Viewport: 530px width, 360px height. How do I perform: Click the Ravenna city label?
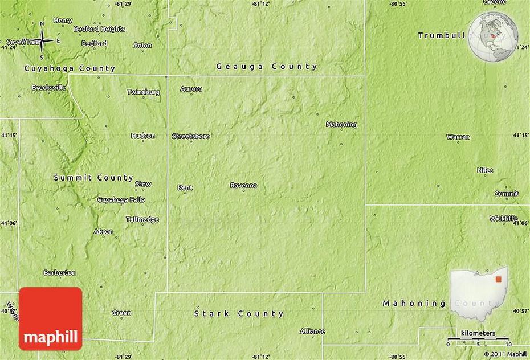point(243,185)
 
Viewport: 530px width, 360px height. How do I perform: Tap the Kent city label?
point(185,187)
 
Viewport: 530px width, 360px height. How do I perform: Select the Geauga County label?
point(267,67)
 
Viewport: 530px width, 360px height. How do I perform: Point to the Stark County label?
point(239,313)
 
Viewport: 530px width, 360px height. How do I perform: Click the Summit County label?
point(93,178)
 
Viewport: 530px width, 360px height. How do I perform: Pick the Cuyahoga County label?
point(70,68)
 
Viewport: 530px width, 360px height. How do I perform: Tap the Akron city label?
point(103,231)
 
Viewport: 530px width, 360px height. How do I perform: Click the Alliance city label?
point(312,331)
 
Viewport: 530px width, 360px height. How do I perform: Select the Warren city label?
point(458,137)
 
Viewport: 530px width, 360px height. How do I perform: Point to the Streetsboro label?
point(191,136)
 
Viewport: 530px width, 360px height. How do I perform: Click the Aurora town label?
point(191,89)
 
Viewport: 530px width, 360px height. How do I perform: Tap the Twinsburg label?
point(143,92)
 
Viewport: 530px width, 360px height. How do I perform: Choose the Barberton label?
point(59,273)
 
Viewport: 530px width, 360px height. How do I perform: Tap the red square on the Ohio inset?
point(498,280)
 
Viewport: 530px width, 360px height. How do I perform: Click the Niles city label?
point(485,170)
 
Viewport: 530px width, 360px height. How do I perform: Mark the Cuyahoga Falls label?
point(121,200)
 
